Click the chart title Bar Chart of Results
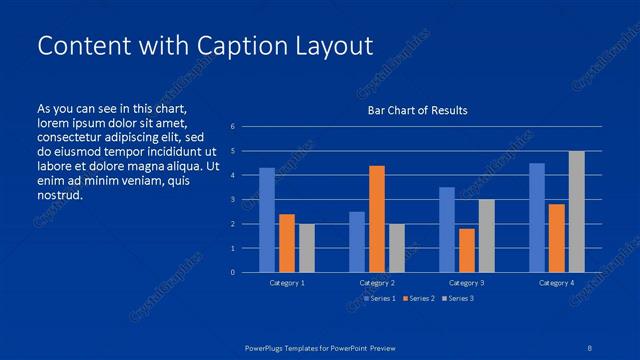[417, 110]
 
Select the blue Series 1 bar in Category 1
[267, 220]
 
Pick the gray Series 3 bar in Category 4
[577, 211]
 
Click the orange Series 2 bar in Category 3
[467, 250]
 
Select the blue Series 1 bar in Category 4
[537, 217]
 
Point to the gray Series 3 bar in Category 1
[307, 248]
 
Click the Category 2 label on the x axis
[377, 284]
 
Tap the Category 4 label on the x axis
[556, 284]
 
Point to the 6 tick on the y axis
[232, 127]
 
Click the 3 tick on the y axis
[232, 200]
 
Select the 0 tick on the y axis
[232, 272]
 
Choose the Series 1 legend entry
[381, 298]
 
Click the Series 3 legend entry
[459, 298]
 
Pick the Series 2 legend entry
[420, 298]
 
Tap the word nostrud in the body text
[59, 195]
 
